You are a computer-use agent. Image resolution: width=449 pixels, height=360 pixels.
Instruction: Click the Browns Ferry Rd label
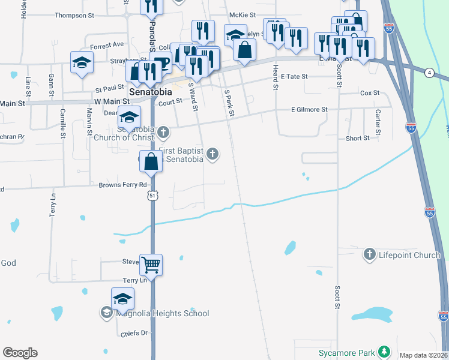122,185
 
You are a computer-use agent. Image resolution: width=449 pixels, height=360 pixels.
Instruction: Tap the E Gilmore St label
309,110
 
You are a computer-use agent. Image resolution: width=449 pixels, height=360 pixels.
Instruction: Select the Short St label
358,139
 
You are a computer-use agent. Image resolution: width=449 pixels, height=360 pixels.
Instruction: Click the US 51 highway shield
153,196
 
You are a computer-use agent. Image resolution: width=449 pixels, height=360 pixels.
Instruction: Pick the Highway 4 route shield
429,73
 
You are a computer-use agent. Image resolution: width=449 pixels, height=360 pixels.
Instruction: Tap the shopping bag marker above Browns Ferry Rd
151,161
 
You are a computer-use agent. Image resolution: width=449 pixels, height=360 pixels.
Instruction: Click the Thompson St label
74,16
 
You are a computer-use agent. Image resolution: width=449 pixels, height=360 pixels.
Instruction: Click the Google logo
20,353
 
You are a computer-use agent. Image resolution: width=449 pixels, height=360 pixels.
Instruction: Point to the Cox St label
370,93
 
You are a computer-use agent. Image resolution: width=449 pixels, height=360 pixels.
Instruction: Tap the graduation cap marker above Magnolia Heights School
122,298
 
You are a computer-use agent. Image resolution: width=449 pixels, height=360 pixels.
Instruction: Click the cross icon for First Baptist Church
211,155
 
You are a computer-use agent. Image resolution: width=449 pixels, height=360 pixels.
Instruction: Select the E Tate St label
294,77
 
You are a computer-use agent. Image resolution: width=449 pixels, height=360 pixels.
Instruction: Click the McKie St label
243,15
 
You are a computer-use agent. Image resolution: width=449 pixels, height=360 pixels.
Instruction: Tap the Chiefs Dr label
134,334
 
